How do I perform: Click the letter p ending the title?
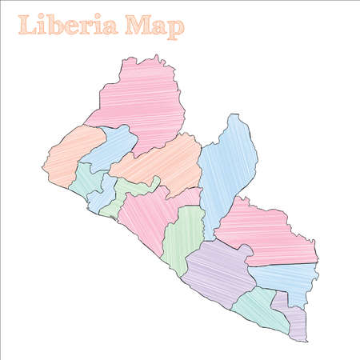point(177,28)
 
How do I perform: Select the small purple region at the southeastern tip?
point(294,320)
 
